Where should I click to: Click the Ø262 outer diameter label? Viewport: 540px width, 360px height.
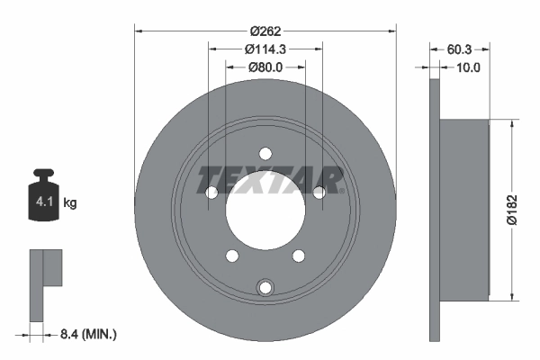pos(265,30)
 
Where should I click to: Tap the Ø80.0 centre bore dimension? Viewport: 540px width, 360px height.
pos(265,66)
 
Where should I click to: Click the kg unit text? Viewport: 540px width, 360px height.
pos(71,202)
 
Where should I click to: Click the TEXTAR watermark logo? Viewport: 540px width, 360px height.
pos(270,180)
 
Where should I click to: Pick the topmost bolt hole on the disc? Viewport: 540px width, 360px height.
pos(265,153)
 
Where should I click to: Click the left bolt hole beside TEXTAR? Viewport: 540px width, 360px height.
pos(211,192)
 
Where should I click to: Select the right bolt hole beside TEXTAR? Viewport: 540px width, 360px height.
pos(319,192)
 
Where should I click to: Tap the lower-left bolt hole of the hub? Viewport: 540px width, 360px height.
pos(231,255)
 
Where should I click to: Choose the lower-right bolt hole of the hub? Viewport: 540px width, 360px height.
pos(298,255)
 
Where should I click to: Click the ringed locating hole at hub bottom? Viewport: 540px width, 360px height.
pos(265,287)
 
